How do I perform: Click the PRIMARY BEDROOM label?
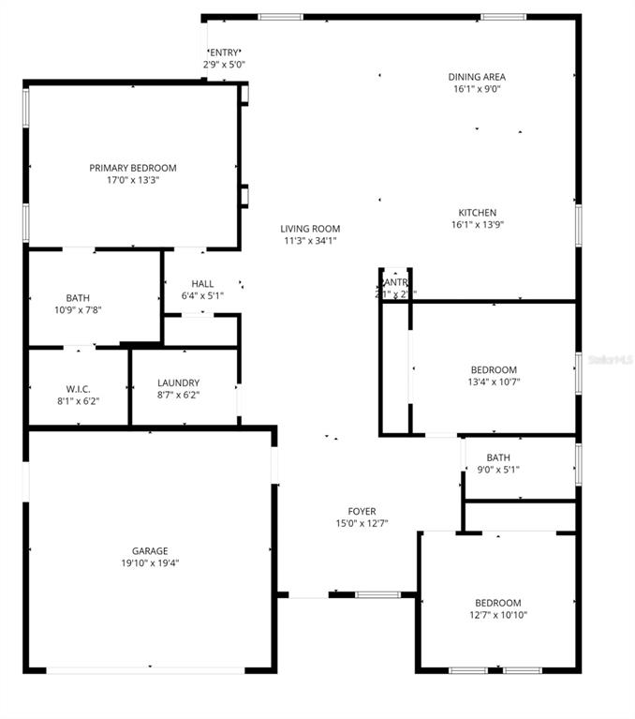click(133, 168)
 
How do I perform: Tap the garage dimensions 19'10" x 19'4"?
click(150, 563)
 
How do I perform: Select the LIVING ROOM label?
click(310, 229)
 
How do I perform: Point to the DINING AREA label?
click(477, 77)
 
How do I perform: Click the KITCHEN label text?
click(477, 213)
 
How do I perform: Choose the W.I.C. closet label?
click(78, 388)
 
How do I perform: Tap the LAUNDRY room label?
click(178, 382)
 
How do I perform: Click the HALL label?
click(202, 284)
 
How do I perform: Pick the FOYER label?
click(362, 511)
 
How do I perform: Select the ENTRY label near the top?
click(225, 52)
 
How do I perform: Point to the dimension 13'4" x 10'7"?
click(494, 382)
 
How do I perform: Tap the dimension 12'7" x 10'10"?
click(497, 615)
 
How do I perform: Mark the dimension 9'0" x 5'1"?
click(498, 470)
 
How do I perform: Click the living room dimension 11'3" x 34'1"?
click(310, 241)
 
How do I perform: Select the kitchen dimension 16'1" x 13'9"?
click(478, 225)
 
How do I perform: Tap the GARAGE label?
click(150, 551)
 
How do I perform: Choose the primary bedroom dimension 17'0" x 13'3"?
click(133, 180)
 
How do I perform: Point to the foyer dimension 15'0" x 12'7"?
click(362, 523)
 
